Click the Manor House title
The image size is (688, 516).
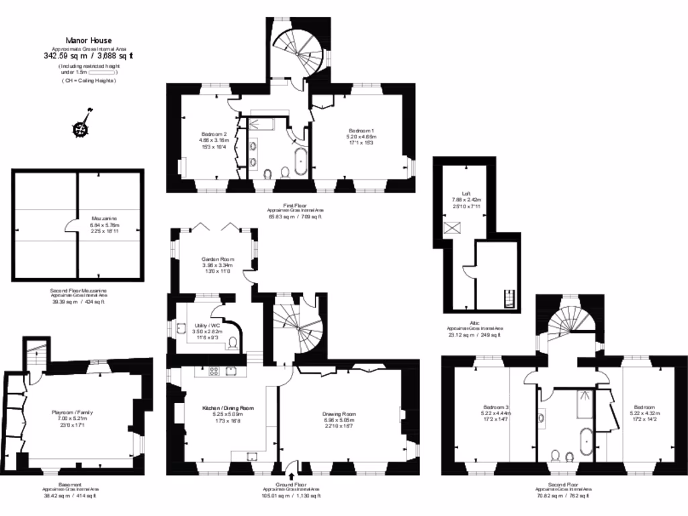pos(89,40)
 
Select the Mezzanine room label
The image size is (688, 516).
pos(105,219)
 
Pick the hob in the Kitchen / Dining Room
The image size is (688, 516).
pos(216,371)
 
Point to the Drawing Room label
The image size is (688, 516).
pos(339,415)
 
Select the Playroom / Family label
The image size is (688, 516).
pos(75,413)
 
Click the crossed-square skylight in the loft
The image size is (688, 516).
pos(449,226)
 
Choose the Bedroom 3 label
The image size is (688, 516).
pos(497,407)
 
